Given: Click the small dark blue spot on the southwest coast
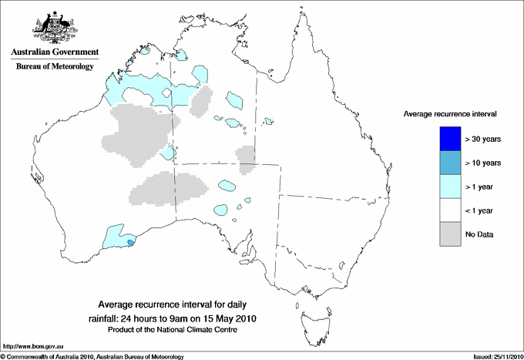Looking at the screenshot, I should pos(129,243).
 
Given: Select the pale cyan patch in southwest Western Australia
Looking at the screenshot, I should pos(116,236).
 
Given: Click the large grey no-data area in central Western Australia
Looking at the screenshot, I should pos(139,131).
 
